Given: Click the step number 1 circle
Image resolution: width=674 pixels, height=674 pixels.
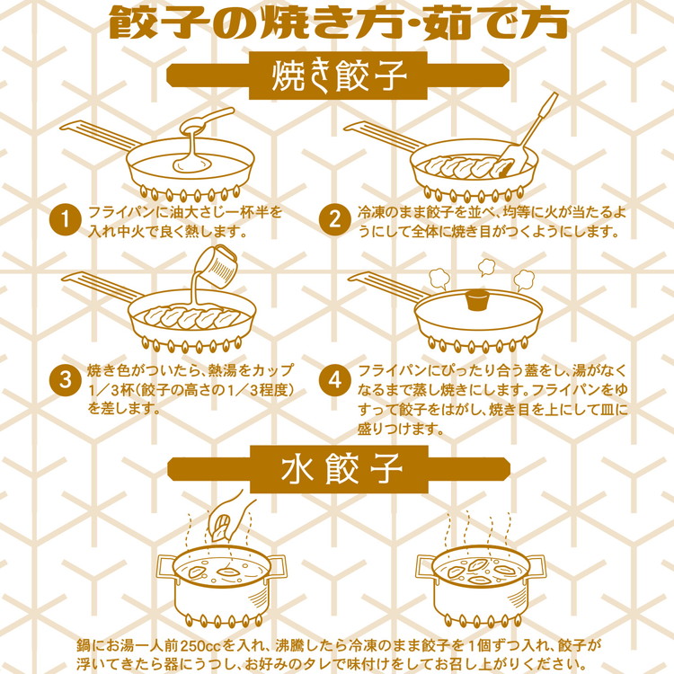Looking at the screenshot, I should tap(65, 221).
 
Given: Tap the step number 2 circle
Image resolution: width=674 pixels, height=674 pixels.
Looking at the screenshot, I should tap(334, 221).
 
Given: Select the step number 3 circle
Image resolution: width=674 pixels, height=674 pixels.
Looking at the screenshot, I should tap(65, 379).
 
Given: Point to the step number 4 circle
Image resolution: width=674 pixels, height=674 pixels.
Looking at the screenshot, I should tap(334, 379).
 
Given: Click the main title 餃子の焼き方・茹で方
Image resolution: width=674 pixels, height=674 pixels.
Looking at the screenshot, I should tap(338, 22).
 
